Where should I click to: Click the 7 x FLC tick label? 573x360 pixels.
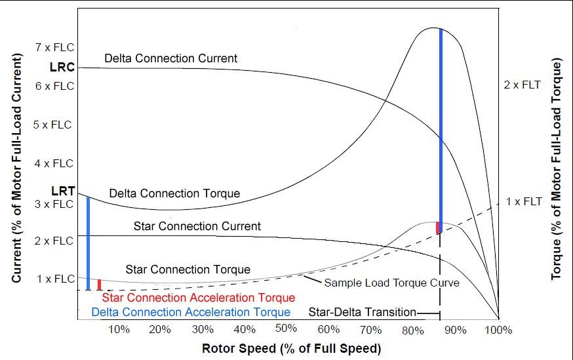point(54,47)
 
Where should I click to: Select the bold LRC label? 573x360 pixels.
point(62,67)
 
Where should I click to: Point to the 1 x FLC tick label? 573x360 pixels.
point(54,279)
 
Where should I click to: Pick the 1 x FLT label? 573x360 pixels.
point(523,201)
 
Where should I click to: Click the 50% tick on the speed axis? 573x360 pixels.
point(286,328)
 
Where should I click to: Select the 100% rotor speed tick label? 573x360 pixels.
point(499,328)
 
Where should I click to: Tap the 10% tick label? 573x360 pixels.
point(117,328)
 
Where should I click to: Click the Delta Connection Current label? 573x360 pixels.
point(170,58)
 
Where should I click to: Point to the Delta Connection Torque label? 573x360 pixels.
point(174,193)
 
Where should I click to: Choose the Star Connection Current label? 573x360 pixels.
point(197,226)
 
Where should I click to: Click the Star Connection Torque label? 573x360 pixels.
point(188,270)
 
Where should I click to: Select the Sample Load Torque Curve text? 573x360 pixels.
point(392,283)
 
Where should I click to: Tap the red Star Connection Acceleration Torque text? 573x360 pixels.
point(199,298)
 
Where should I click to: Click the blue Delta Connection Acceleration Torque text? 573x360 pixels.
point(191,312)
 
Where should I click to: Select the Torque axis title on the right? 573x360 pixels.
point(557,169)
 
